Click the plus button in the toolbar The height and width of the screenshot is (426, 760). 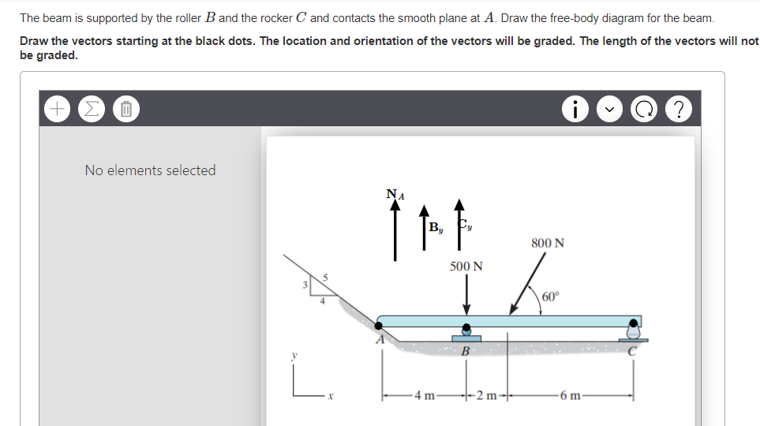coord(57,109)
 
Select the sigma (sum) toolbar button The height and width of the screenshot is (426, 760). coord(92,109)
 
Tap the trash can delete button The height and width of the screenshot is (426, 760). coord(126,109)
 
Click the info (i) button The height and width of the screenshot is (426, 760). coord(575,109)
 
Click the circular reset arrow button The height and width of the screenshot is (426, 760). coord(644,109)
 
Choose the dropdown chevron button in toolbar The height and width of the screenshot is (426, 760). coord(610,109)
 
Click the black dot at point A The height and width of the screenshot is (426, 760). coord(379,326)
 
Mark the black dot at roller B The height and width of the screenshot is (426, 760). coord(466,327)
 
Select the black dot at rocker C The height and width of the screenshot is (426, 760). coord(634,323)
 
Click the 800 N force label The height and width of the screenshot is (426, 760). coord(548,243)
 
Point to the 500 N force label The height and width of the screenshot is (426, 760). coord(466,266)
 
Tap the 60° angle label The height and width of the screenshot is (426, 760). coord(551,296)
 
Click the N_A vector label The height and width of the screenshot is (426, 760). coord(395,194)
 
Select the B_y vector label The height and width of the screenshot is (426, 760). coord(436,227)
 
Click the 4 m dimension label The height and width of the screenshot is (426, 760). coord(425,395)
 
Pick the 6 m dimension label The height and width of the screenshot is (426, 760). coord(570,395)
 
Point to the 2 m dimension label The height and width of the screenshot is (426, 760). coord(487,395)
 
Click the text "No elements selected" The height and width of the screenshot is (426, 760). coord(150,170)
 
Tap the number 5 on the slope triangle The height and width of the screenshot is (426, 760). coord(325,278)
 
